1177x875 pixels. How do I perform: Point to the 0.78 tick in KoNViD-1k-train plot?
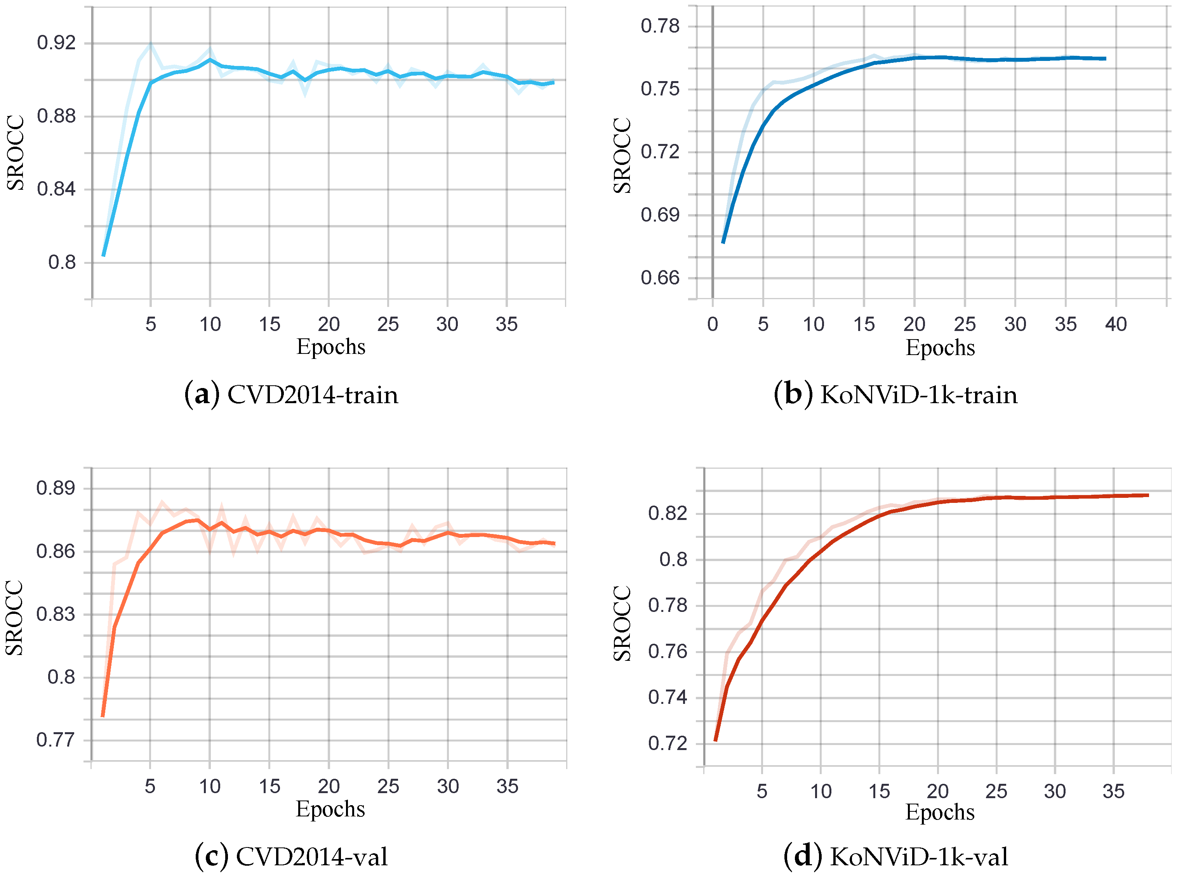(x=660, y=26)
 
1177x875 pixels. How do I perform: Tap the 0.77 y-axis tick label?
(x=56, y=740)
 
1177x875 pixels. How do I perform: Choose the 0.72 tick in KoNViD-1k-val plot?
(x=667, y=743)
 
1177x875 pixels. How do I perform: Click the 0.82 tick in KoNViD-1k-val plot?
(x=667, y=513)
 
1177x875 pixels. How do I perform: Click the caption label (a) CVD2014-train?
(x=291, y=395)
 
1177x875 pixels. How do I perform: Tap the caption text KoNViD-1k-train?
(x=918, y=395)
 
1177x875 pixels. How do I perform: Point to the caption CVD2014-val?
(x=311, y=857)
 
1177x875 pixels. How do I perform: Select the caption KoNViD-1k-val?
(x=918, y=857)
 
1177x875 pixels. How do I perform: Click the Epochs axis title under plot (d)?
(x=940, y=812)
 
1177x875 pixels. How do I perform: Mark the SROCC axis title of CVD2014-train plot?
(x=16, y=152)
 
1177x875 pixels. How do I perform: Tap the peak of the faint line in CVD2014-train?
(x=151, y=45)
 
